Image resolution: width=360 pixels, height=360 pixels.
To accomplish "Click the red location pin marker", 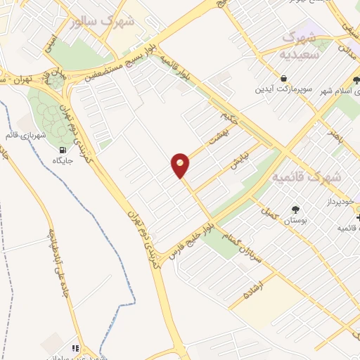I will (x=181, y=165).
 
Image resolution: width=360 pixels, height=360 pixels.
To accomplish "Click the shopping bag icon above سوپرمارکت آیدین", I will (x=283, y=78).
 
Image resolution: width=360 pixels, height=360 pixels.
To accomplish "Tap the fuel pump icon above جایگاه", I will (x=65, y=149).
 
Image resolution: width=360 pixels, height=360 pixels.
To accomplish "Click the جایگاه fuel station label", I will (x=65, y=161).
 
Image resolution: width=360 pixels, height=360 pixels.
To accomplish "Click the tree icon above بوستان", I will (x=295, y=209).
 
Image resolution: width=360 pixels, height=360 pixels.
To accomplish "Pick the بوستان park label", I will (x=295, y=221).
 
